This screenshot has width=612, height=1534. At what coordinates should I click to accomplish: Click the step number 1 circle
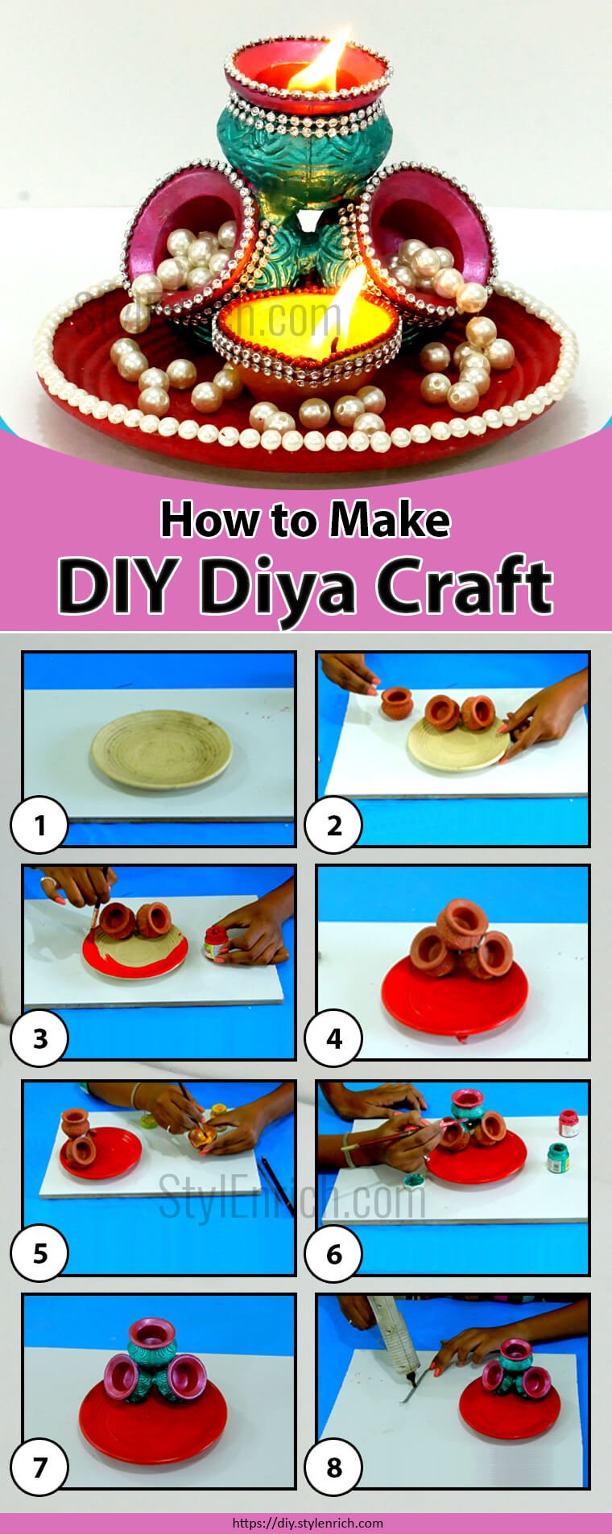[39, 824]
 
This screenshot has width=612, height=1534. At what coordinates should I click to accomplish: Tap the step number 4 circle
[334, 1038]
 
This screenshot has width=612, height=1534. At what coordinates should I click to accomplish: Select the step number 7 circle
[39, 1467]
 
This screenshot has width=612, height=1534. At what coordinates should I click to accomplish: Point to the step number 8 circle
[334, 1467]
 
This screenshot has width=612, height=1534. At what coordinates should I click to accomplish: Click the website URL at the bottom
[307, 1523]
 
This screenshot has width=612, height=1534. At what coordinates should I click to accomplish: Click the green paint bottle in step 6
[557, 1157]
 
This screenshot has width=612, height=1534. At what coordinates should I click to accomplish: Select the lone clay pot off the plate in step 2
[396, 703]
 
